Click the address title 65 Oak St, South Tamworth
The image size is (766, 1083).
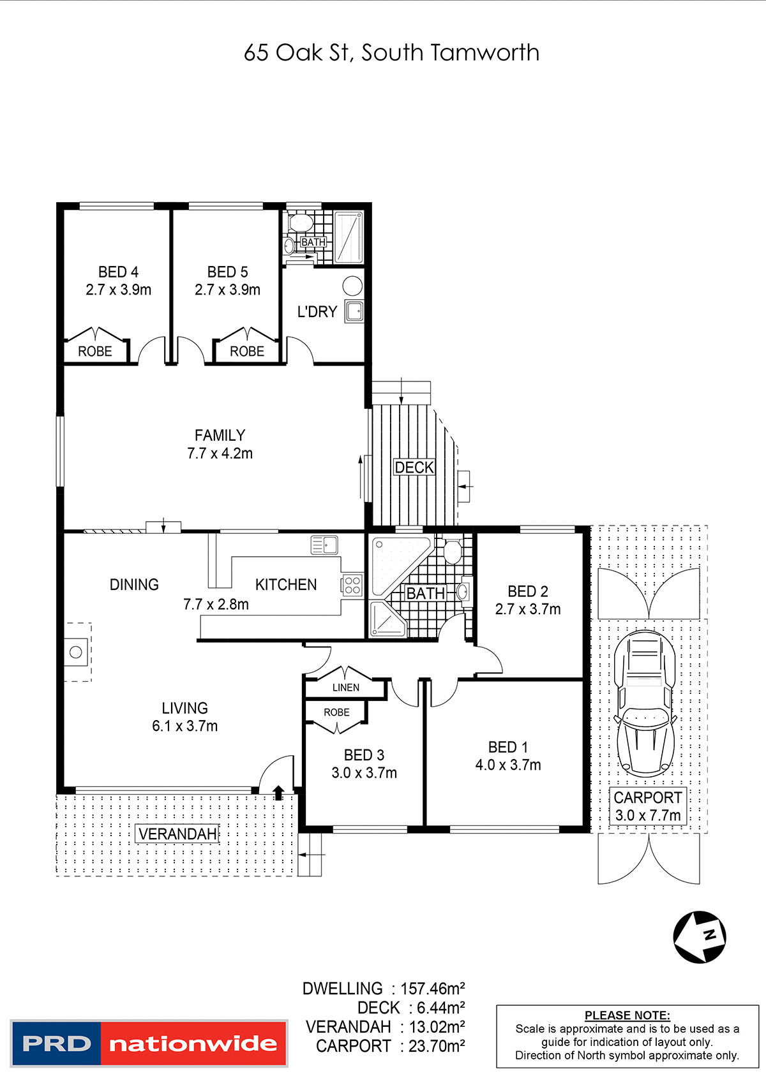[x=391, y=52]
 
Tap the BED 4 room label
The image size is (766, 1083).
[x=118, y=272]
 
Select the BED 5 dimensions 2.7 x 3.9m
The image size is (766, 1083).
[x=227, y=290]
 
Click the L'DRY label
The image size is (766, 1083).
[x=317, y=312]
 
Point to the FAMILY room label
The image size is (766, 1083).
[x=220, y=436]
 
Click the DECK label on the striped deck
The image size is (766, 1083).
[x=414, y=468]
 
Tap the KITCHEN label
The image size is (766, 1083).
[x=285, y=585]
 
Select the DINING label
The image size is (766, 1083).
[x=134, y=585]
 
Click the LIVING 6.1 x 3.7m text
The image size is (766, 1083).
[x=184, y=717]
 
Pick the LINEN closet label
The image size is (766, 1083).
[x=345, y=688]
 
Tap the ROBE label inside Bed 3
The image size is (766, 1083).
[x=336, y=712]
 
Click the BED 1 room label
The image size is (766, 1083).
[x=507, y=748]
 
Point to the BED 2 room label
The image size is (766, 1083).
[x=527, y=592]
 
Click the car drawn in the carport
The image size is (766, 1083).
[x=645, y=702]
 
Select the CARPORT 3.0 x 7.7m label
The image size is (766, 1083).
[x=647, y=806]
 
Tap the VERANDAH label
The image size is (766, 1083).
[x=177, y=834]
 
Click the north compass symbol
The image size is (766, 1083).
[x=700, y=937]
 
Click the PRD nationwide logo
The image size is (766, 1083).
[x=149, y=1043]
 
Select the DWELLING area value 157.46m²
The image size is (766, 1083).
[x=432, y=989]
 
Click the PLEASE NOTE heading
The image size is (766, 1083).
[x=627, y=1015]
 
